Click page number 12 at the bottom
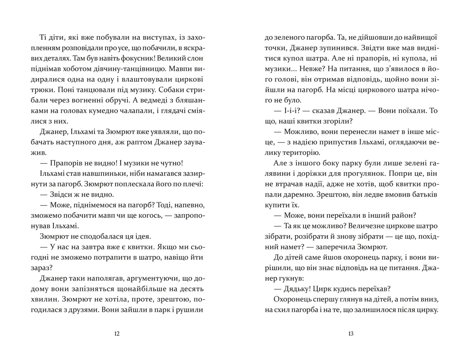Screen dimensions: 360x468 pos(117,333)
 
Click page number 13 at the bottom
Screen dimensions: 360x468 pos(350,333)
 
